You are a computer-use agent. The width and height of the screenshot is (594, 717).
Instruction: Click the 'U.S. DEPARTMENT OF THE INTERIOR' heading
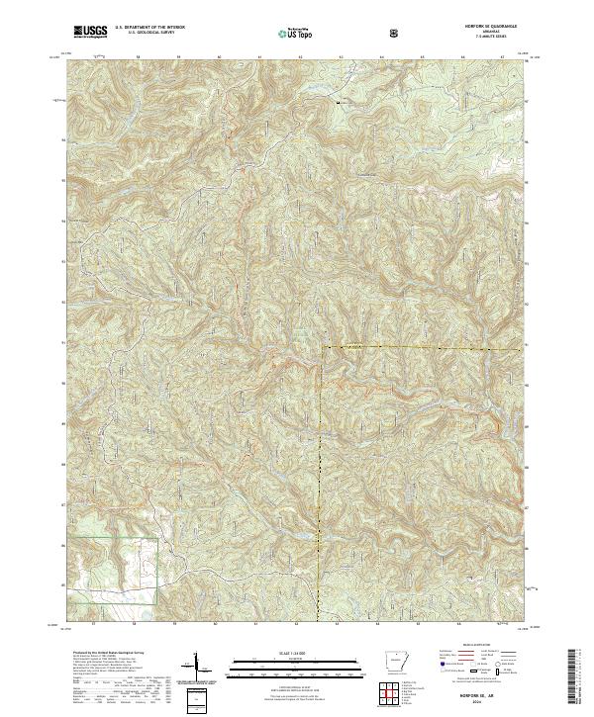(x=148, y=28)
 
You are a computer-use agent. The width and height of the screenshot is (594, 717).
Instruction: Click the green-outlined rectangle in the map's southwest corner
(x=117, y=570)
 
